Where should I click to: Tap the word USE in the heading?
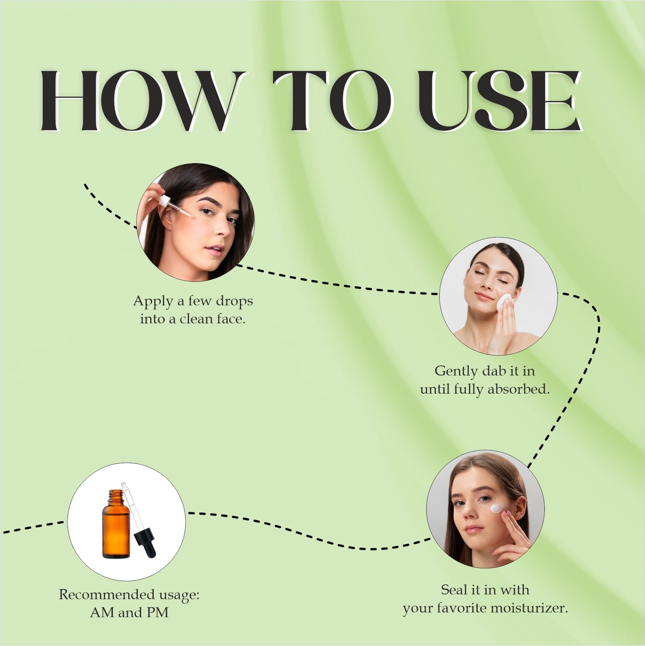click(x=499, y=101)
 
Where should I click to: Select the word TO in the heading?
click(x=333, y=101)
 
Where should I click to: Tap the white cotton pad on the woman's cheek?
click(x=504, y=302)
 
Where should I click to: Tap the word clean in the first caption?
click(x=196, y=319)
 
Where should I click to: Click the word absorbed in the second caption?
click(x=518, y=389)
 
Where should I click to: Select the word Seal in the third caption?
click(x=454, y=590)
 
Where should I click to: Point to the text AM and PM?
click(x=129, y=612)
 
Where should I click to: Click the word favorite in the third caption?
click(x=462, y=608)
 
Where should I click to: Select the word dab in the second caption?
click(x=494, y=371)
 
